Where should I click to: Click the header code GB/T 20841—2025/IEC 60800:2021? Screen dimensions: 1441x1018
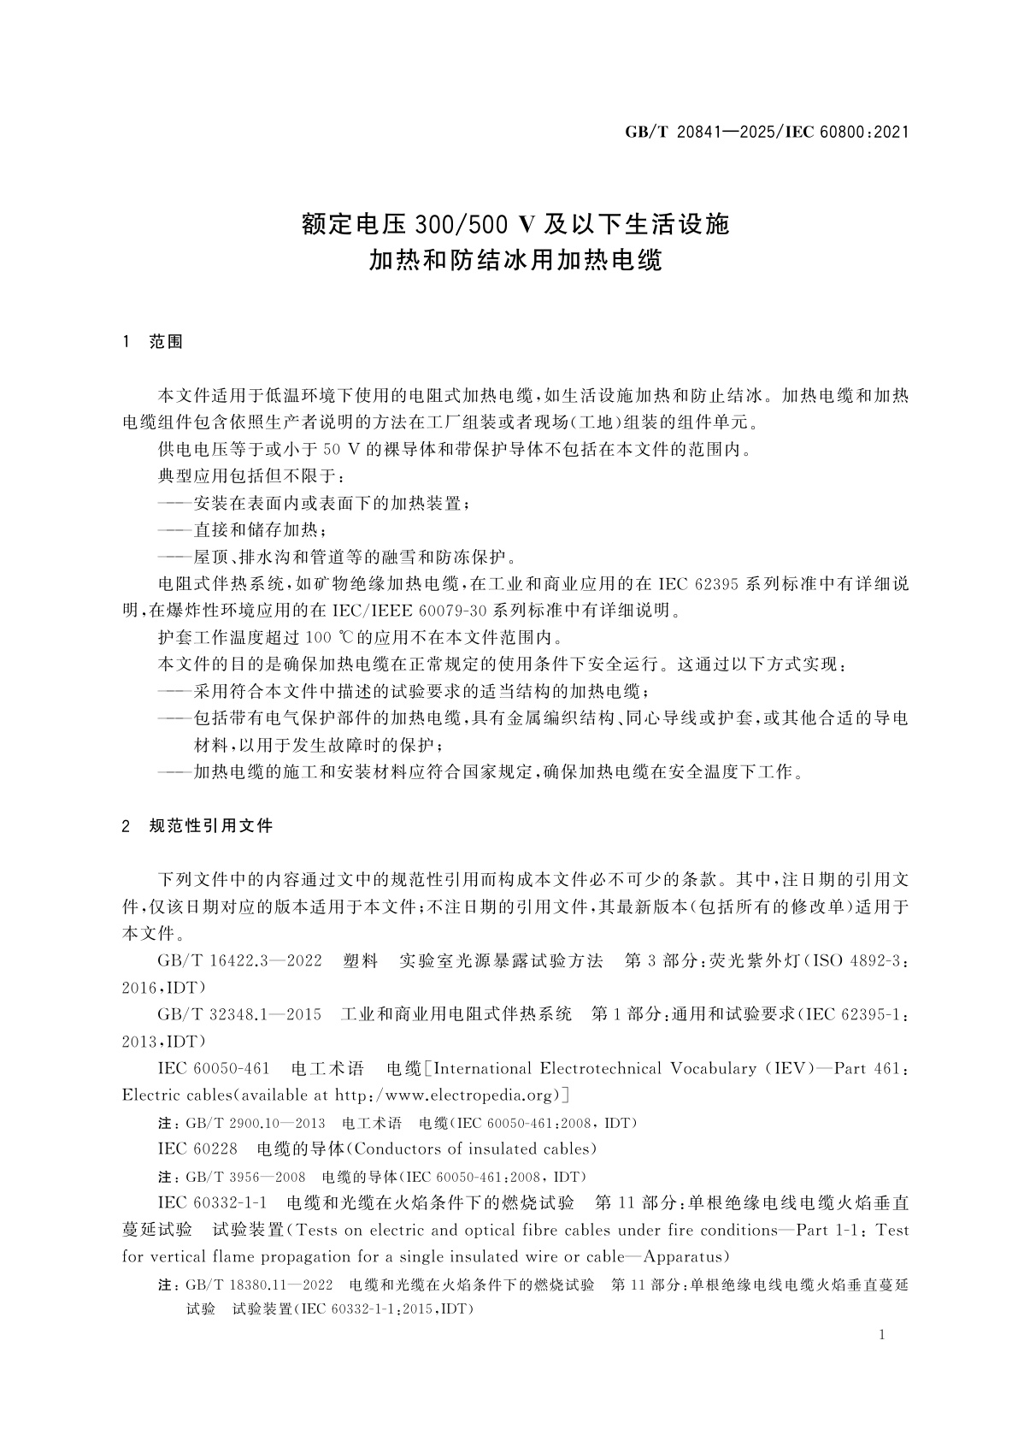[x=766, y=132]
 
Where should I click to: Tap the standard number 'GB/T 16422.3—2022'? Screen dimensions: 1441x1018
[x=239, y=960]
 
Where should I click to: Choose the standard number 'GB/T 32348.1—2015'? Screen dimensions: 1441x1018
[x=239, y=1014]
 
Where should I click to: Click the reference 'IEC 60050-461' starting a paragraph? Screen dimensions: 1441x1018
[x=214, y=1068]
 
